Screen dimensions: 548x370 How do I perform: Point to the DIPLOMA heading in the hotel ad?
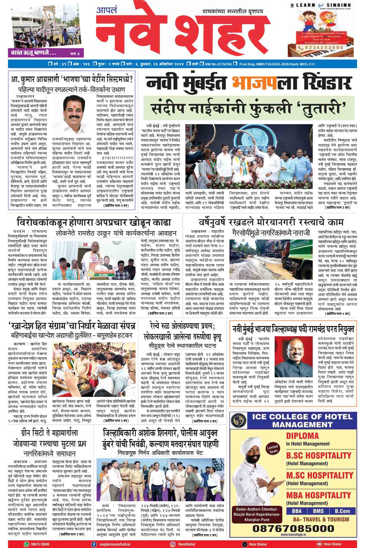coord(303,435)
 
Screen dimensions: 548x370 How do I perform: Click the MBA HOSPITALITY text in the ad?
coord(318,495)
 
